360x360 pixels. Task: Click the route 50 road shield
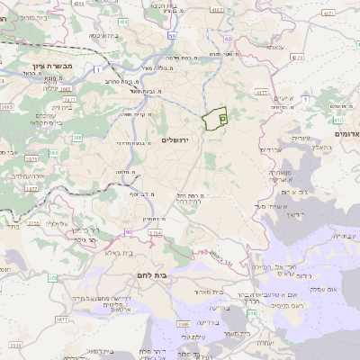point(172,36)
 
